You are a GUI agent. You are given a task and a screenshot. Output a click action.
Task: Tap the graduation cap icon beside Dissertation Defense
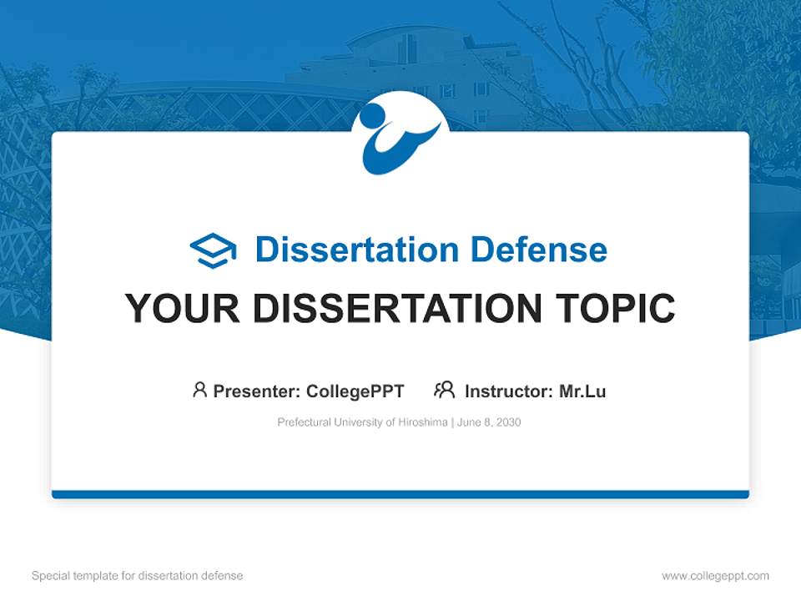(213, 250)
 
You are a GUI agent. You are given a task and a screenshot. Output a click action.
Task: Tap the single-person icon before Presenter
(199, 390)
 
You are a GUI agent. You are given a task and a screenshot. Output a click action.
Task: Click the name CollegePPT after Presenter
(355, 391)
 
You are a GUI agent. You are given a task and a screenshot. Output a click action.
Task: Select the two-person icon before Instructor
(444, 390)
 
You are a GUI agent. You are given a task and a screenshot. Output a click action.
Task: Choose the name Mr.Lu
(582, 391)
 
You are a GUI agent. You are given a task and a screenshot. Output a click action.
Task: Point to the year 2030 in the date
(507, 422)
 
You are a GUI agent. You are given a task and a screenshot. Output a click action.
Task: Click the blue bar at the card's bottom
(400, 494)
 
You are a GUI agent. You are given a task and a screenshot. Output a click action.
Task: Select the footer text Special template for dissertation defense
(137, 576)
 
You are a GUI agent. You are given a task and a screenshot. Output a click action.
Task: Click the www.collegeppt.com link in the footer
(715, 576)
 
